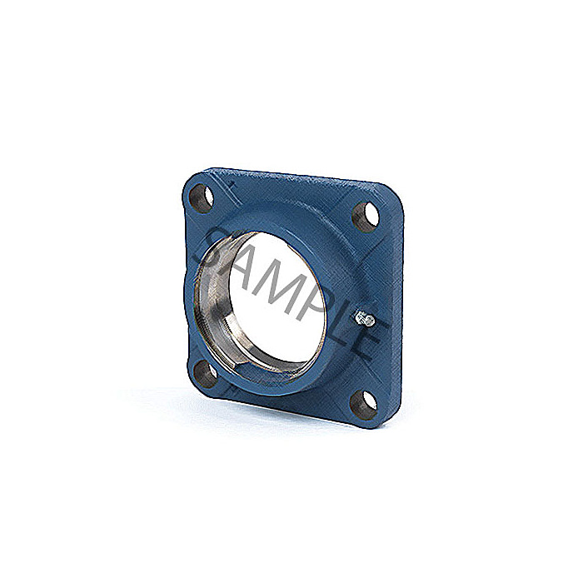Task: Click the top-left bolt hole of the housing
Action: pos(202,197)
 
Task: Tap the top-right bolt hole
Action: pos(365,216)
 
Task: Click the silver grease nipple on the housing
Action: pos(365,319)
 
